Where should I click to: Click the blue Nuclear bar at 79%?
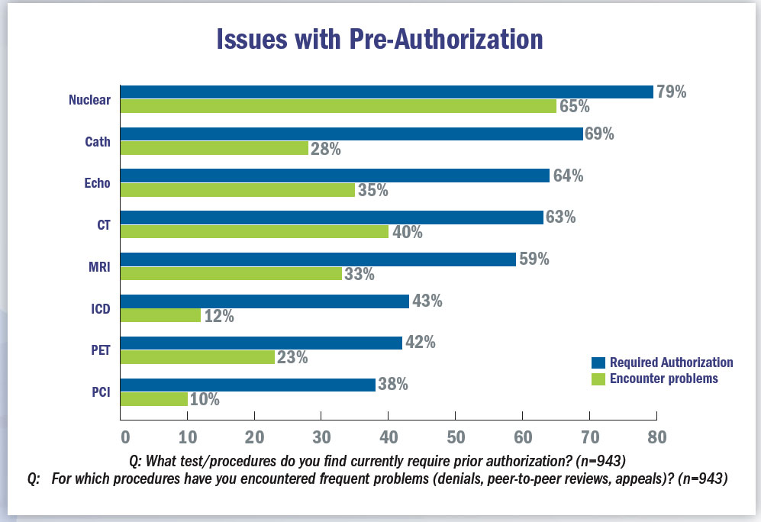click(x=386, y=92)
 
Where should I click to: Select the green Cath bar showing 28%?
click(x=214, y=148)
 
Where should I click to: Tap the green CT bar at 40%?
click(x=254, y=232)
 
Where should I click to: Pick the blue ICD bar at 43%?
click(x=264, y=301)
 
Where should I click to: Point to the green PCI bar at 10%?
click(x=154, y=399)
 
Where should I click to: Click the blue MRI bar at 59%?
click(x=318, y=259)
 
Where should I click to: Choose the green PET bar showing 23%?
click(x=198, y=356)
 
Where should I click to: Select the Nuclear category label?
click(x=89, y=99)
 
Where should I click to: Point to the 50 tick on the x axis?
click(x=455, y=437)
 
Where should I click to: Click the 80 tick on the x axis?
click(x=656, y=437)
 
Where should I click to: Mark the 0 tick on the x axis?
click(x=124, y=437)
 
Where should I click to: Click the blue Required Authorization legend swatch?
click(x=598, y=362)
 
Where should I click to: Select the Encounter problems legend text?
click(x=664, y=379)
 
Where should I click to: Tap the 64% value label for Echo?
click(x=568, y=176)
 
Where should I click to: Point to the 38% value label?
click(x=392, y=385)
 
